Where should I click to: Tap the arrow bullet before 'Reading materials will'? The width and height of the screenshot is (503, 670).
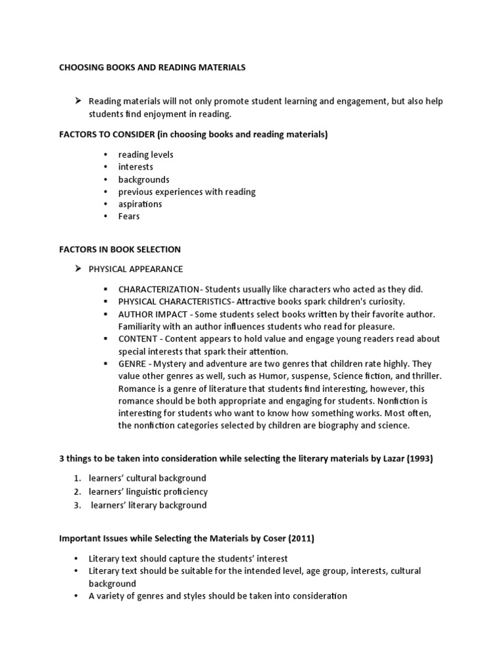77,101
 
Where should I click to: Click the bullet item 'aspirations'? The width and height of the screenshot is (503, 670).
140,204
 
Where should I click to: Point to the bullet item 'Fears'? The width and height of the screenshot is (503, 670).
128,217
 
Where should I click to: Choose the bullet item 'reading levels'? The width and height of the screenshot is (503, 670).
145,155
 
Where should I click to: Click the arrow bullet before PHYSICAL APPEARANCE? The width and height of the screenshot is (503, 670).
77,268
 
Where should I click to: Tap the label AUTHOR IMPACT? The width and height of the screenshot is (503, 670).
148,314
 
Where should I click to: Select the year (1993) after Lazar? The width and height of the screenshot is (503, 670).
420,459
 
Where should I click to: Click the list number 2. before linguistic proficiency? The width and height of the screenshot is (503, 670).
77,491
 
